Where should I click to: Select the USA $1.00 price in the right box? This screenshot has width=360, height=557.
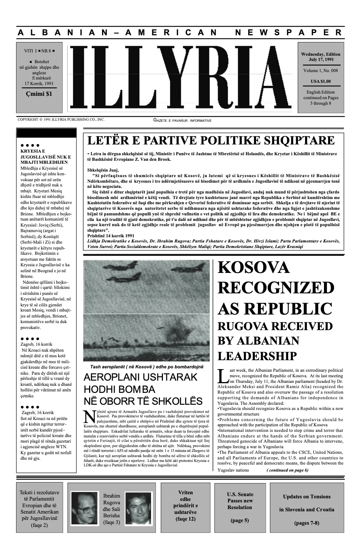(x=321, y=81)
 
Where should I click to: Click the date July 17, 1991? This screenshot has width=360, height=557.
(x=321, y=59)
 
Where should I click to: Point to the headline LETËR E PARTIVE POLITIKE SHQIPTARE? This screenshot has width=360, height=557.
(x=210, y=141)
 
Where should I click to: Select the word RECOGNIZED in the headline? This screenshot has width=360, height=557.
(x=275, y=288)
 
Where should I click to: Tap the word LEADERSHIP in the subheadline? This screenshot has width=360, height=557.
(x=257, y=356)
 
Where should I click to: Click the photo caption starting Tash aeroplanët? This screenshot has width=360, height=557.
(x=147, y=367)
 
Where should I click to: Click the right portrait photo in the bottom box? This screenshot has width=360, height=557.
(x=138, y=508)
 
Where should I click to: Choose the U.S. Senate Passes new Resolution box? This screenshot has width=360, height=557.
(x=240, y=507)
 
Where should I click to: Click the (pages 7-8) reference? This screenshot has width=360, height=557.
(x=307, y=523)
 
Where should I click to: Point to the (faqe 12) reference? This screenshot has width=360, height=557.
(x=185, y=519)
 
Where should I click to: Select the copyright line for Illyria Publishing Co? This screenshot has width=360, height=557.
(x=61, y=120)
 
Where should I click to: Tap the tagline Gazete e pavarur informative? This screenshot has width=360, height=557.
(x=182, y=120)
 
